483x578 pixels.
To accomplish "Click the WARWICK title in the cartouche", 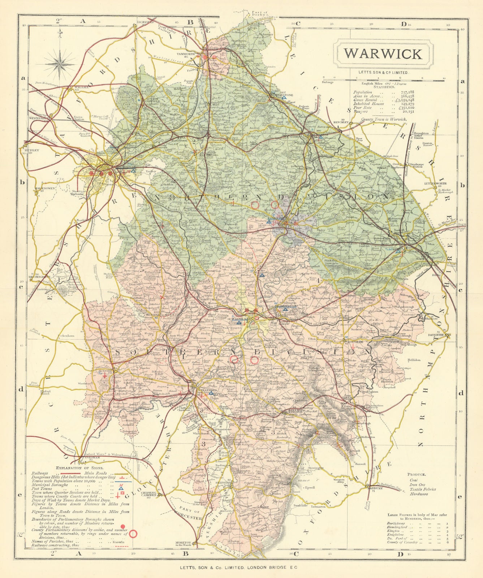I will tap(383, 53).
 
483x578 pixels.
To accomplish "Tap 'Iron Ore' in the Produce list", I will tap(417, 484).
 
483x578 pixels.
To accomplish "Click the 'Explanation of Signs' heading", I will tap(75, 468).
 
